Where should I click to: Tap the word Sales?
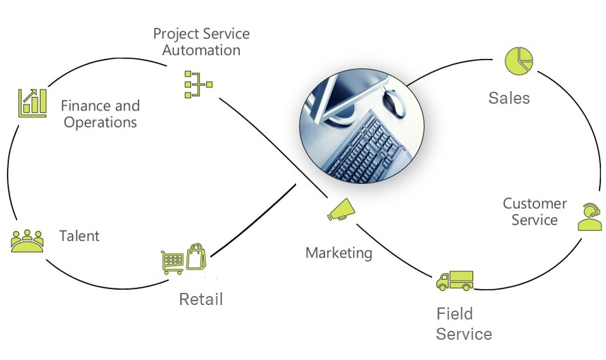click(x=509, y=98)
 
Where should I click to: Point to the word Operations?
click(x=100, y=122)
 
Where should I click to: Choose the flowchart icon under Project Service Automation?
click(x=197, y=84)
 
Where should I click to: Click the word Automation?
click(x=201, y=50)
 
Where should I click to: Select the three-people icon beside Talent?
click(x=27, y=240)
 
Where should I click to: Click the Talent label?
click(x=79, y=236)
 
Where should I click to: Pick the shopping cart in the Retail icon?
click(x=173, y=261)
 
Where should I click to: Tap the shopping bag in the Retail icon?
click(x=195, y=256)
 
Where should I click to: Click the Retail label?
click(x=201, y=299)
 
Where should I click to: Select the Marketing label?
click(x=338, y=253)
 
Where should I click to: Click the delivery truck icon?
click(x=454, y=280)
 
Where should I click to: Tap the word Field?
click(x=454, y=313)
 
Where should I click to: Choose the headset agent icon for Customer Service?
click(x=590, y=217)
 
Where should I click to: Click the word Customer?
click(x=535, y=204)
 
